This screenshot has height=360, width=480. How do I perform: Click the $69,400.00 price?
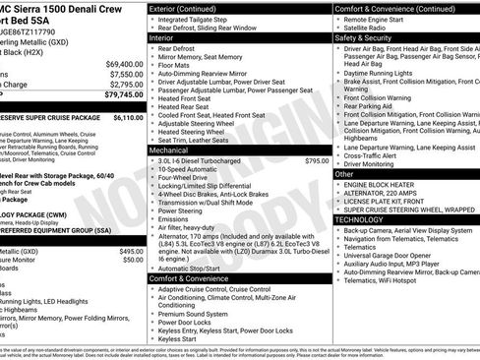tap(123, 63)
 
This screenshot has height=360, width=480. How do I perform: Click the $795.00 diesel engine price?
tap(317, 160)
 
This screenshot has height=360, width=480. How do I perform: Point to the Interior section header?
tap(168, 37)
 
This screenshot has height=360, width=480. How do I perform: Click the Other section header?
tap(345, 173)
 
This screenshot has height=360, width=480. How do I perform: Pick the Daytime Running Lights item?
tap(383, 74)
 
